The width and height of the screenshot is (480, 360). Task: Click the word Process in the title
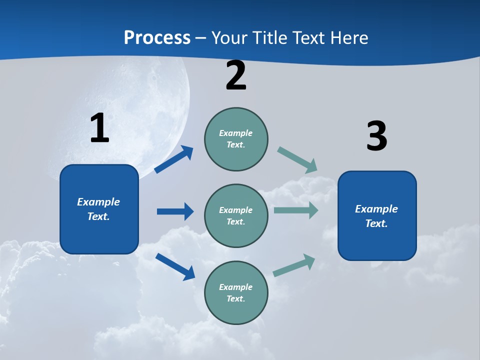coord(157,38)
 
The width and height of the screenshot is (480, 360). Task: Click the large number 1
coord(99,128)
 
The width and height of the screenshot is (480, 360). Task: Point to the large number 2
coord(236,76)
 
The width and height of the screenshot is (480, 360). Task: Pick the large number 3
coord(376,136)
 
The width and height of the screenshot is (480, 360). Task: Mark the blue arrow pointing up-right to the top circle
coord(174,159)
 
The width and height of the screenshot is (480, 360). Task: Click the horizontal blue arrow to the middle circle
coord(175,211)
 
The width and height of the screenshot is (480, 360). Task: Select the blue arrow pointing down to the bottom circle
coord(175,266)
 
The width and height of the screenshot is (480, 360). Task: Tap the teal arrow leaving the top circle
coord(297,160)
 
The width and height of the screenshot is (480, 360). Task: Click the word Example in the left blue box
coord(98,202)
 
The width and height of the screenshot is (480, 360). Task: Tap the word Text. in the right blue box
coord(376,223)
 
